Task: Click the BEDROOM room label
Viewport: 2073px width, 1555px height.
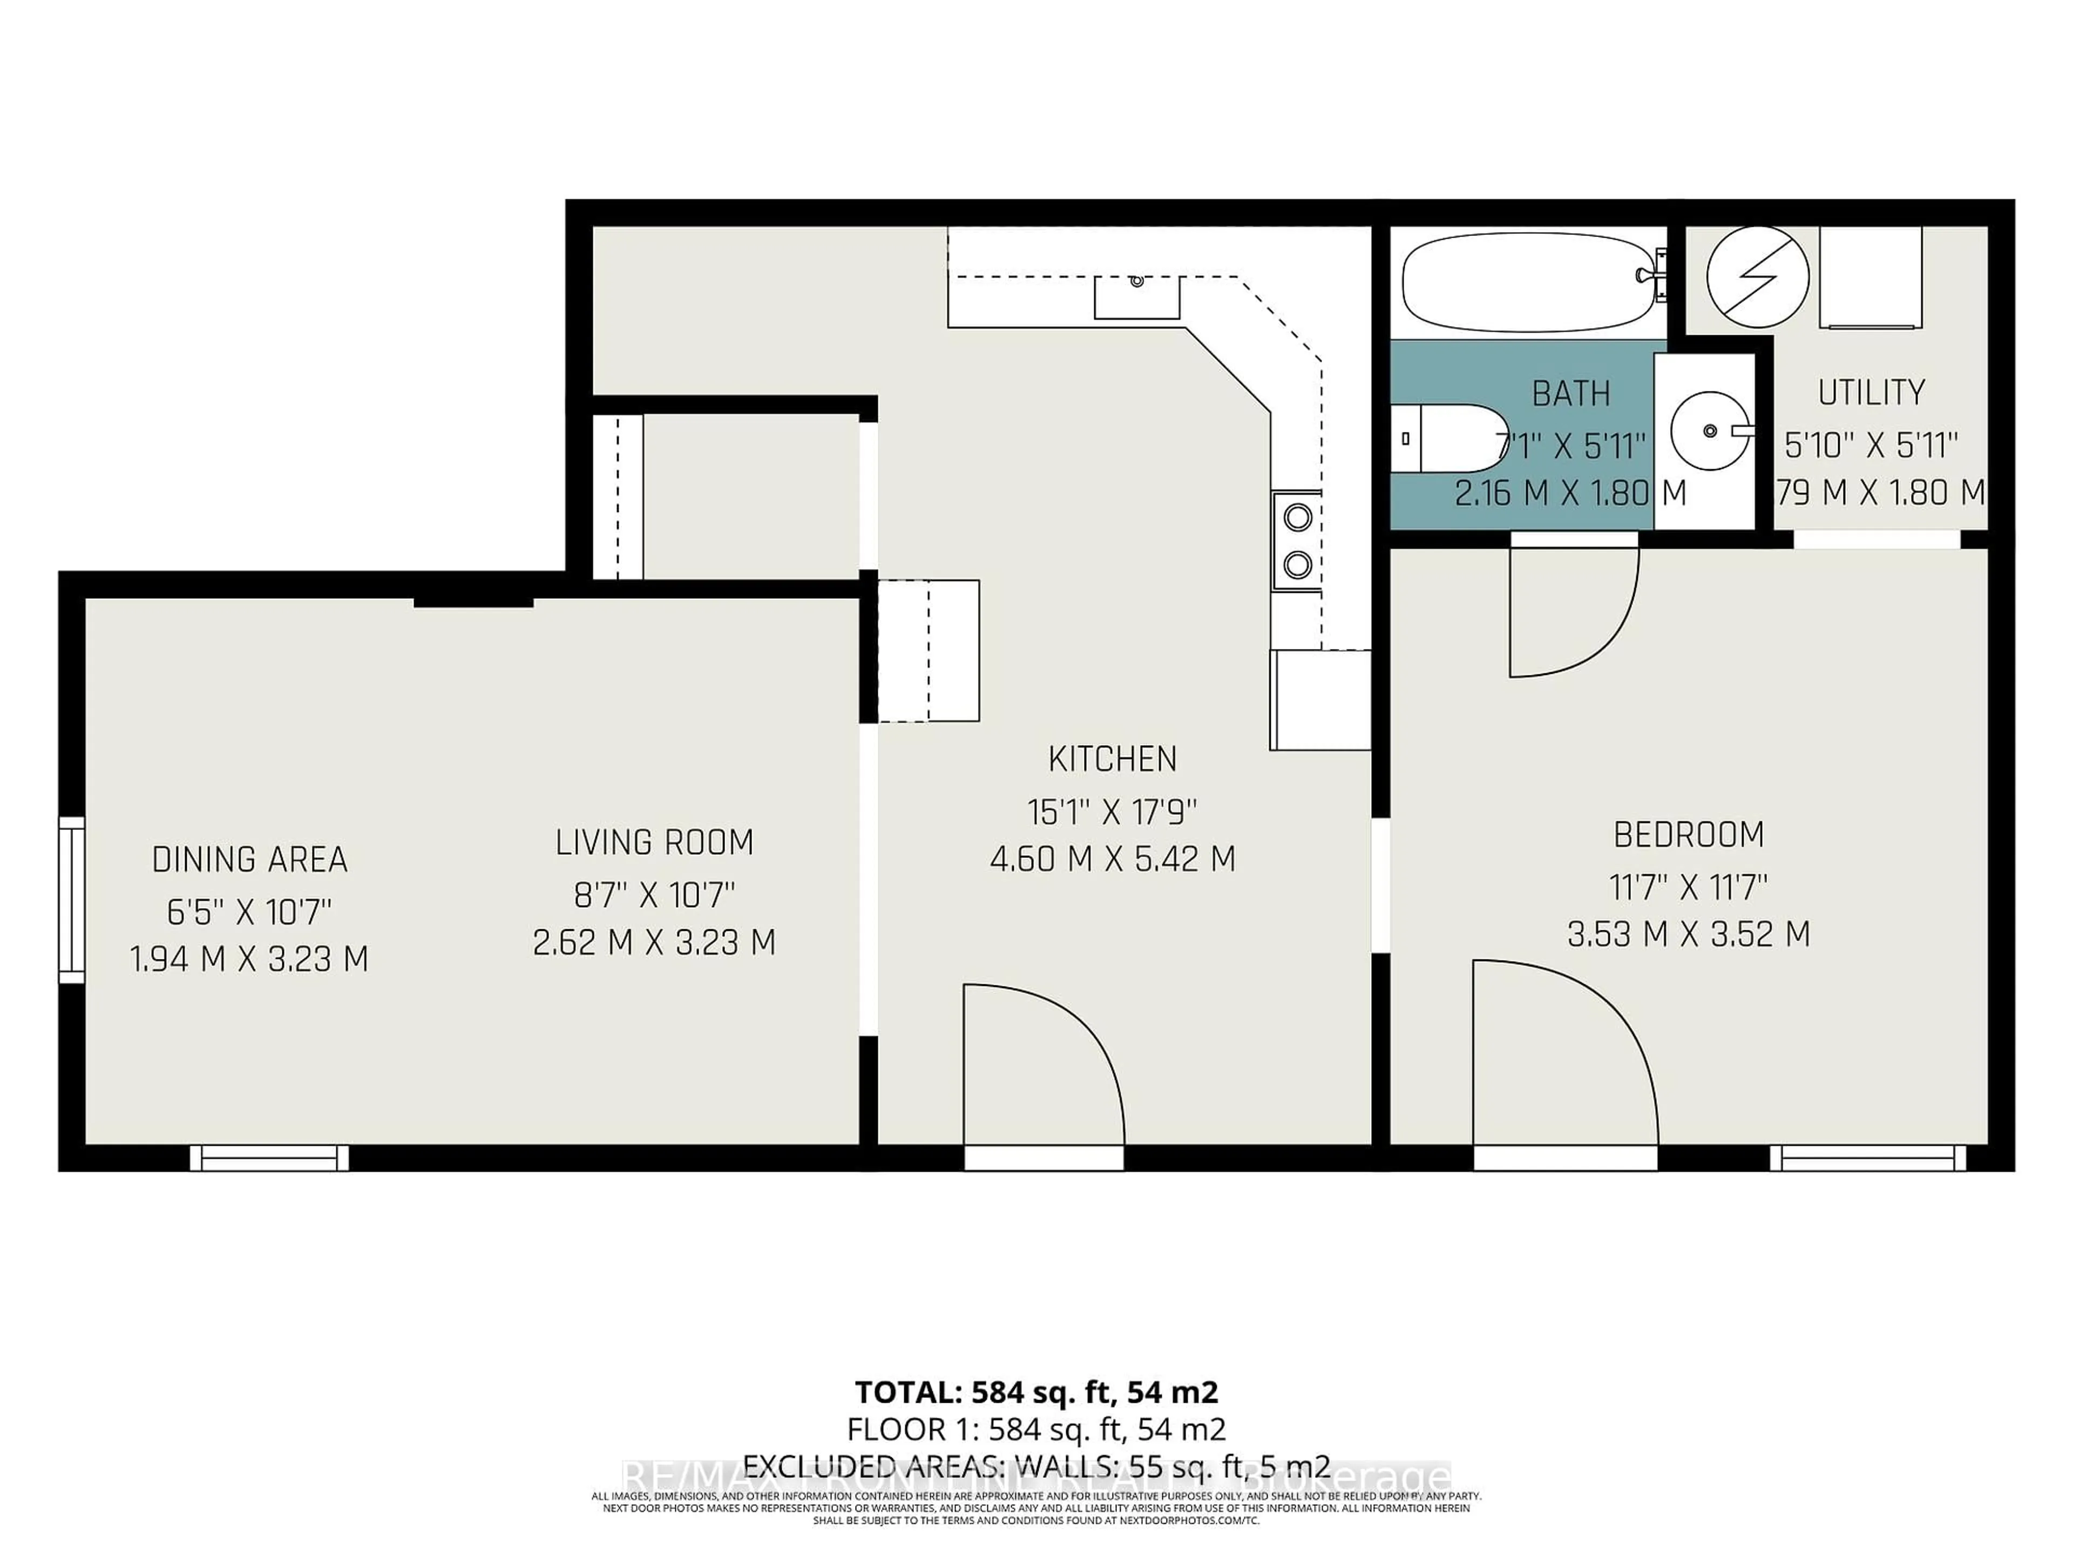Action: [1689, 834]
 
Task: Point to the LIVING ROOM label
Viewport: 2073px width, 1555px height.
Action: [654, 843]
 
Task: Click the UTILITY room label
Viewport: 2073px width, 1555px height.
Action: [1872, 392]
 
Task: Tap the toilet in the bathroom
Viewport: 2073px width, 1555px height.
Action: [1448, 438]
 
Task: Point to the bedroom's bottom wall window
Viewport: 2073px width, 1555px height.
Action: [1868, 1159]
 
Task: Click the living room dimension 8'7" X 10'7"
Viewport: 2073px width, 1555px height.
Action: [654, 895]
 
